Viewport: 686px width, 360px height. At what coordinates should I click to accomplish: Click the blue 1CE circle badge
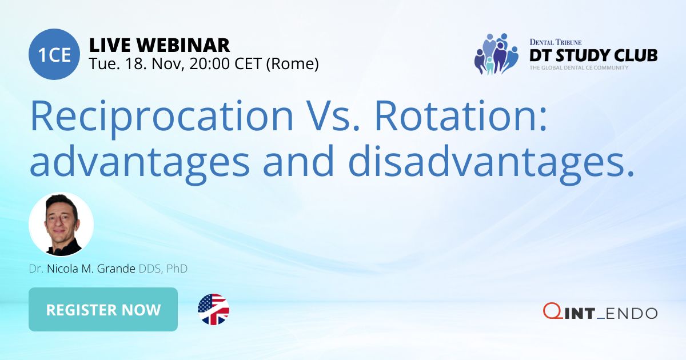point(54,54)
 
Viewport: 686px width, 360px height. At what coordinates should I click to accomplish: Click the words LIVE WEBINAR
point(159,45)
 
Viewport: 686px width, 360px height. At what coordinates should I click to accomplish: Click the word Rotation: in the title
point(461,116)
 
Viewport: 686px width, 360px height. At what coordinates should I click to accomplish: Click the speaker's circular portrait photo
point(61,225)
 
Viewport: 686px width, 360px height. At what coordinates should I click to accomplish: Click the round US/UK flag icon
point(213,310)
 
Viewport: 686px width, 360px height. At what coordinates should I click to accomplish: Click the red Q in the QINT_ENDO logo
point(551,312)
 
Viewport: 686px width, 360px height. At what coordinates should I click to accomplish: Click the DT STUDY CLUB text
point(593,55)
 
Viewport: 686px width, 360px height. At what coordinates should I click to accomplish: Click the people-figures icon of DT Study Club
point(496,54)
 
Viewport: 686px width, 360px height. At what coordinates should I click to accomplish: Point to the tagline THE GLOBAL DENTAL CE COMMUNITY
point(579,68)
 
